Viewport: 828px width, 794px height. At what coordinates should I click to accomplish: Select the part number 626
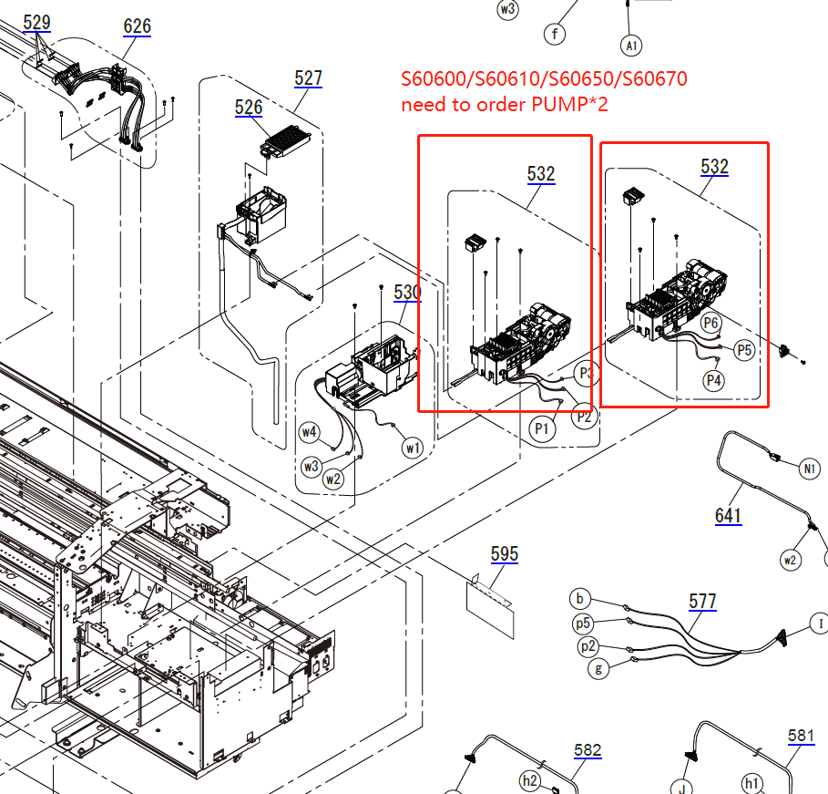click(x=138, y=26)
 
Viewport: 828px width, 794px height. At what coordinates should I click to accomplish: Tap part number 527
click(x=309, y=78)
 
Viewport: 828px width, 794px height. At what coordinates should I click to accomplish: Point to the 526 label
click(x=249, y=108)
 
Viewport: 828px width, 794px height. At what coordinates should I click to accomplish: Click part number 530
click(x=407, y=293)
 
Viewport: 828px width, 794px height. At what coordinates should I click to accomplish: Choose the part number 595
click(x=504, y=554)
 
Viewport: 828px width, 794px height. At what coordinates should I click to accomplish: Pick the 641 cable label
click(x=728, y=516)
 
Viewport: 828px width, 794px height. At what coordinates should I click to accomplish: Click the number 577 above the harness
click(x=702, y=602)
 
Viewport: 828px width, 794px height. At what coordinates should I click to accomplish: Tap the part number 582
click(x=588, y=750)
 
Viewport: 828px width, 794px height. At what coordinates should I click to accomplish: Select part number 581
click(x=802, y=736)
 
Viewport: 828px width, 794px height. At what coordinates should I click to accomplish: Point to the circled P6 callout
click(x=711, y=322)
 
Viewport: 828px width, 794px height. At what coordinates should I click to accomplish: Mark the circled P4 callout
click(x=714, y=381)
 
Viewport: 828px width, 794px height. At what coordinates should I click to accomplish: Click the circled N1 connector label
click(x=810, y=469)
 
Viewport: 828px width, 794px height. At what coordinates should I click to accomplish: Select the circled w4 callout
click(x=310, y=432)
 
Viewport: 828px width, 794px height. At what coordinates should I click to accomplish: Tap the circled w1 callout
click(x=414, y=448)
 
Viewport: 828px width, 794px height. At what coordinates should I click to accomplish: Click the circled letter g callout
click(x=598, y=668)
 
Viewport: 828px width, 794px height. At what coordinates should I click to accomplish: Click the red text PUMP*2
click(x=569, y=105)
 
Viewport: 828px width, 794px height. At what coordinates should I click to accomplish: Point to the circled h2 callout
click(x=530, y=781)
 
